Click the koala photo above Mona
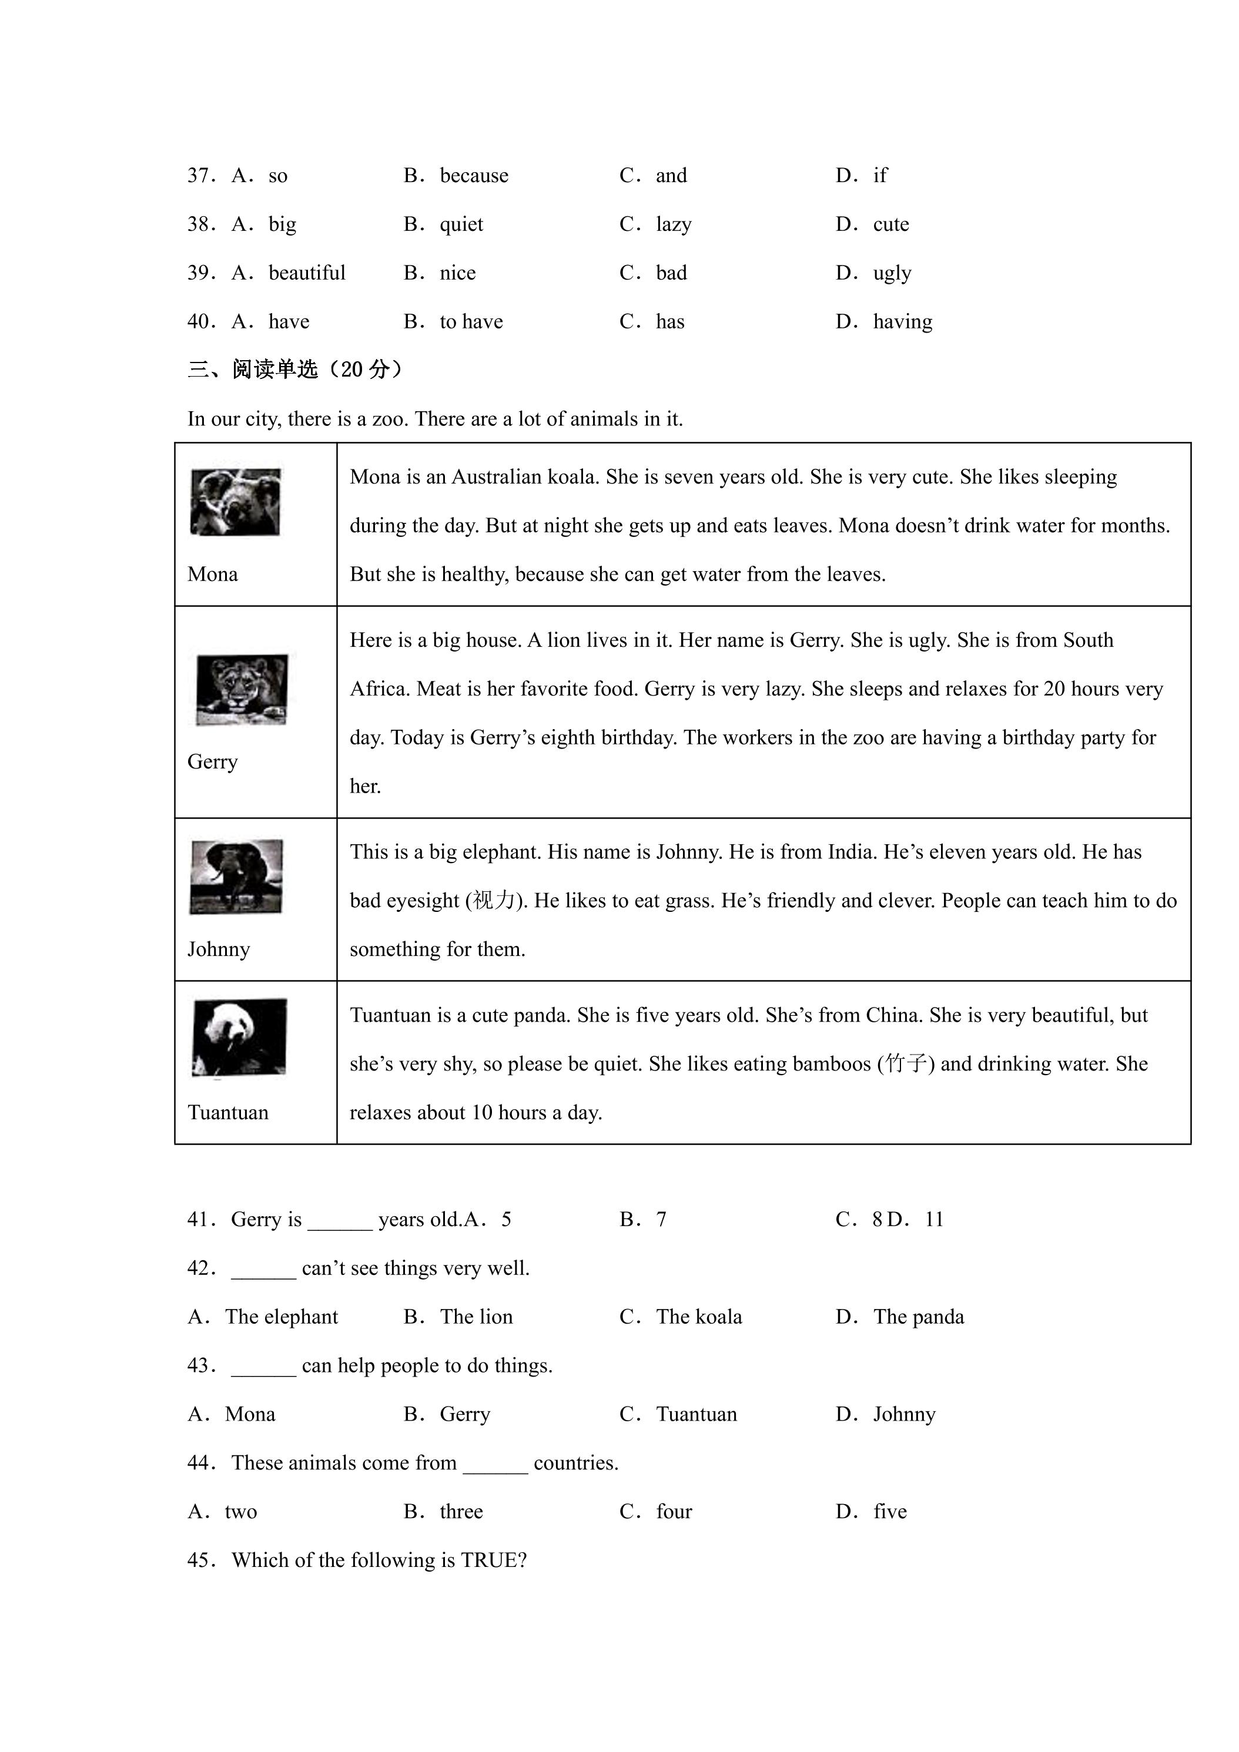click(x=235, y=502)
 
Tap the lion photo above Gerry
click(x=242, y=689)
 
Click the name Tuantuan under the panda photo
click(x=228, y=1113)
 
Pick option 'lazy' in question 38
click(x=674, y=224)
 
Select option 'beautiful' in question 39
click(x=307, y=273)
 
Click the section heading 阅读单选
click(x=275, y=370)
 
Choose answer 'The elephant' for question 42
click(x=282, y=1317)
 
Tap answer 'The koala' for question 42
click(x=699, y=1317)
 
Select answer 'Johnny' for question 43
click(x=905, y=1415)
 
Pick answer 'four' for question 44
click(x=674, y=1512)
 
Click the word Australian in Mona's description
click(x=498, y=477)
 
